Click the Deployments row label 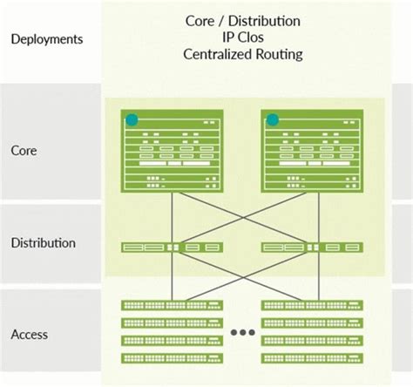[47, 38]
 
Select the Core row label [24, 150]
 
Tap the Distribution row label [43, 243]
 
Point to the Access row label [30, 334]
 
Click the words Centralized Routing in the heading [242, 54]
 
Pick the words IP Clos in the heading [242, 37]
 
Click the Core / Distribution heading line [242, 19]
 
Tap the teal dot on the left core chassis [132, 119]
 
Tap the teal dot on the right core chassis [273, 119]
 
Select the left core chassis [172, 152]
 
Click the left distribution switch [172, 248]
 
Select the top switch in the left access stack [172, 304]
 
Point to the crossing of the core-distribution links [242, 218]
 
